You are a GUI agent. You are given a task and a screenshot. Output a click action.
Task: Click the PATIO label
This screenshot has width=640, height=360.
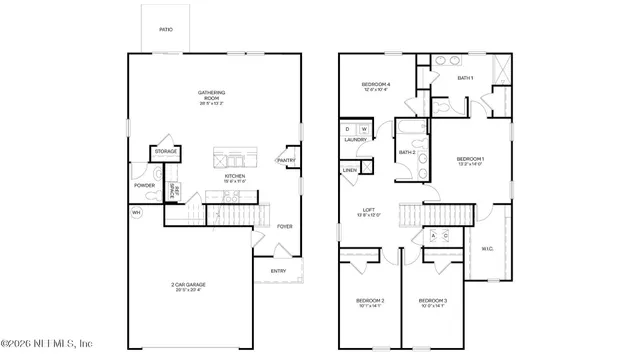click(166, 30)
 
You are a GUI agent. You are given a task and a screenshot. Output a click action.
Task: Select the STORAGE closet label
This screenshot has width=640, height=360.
click(165, 152)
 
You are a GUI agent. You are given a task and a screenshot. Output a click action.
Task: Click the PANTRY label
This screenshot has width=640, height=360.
click(285, 160)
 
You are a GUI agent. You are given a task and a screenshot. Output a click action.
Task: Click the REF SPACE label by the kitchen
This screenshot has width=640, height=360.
click(173, 190)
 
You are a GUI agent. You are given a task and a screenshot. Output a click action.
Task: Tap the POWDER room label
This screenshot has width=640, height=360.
click(143, 185)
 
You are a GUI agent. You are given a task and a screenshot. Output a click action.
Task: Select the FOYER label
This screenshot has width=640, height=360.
click(285, 226)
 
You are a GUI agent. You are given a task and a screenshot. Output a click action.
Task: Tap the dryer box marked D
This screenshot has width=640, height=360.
click(348, 129)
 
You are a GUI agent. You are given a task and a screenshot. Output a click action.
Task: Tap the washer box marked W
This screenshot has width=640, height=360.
click(364, 129)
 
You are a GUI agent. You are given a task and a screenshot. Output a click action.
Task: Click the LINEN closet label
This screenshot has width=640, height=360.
click(350, 171)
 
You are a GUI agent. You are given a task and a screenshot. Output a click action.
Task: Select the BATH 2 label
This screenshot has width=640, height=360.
click(406, 152)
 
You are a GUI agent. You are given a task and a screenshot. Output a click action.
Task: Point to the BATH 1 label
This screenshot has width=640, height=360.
click(465, 77)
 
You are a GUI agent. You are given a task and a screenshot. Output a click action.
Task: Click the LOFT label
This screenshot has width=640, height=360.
click(368, 211)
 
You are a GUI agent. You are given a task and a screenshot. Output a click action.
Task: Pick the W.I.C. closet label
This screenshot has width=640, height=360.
click(488, 248)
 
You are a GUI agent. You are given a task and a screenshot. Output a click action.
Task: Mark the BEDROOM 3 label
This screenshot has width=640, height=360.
click(432, 301)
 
